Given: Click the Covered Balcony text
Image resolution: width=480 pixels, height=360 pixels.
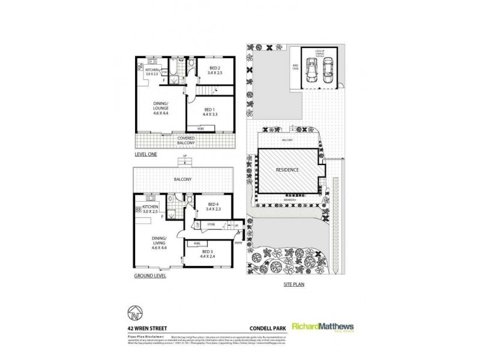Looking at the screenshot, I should point(188,141).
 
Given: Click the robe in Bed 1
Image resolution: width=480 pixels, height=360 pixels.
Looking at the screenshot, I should point(195,127).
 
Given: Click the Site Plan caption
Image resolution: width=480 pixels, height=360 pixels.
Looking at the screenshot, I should point(294,285).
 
